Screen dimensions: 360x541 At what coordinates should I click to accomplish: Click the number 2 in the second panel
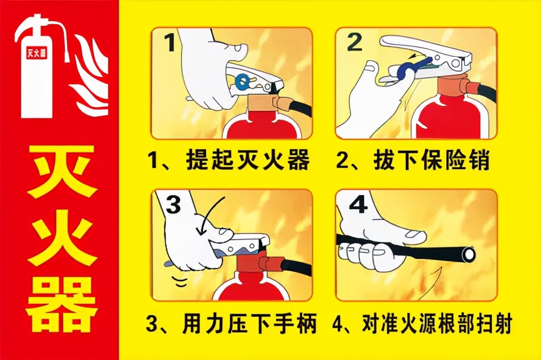[354, 42]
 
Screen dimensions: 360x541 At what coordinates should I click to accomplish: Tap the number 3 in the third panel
[173, 205]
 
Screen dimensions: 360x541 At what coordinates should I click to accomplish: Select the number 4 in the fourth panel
[358, 204]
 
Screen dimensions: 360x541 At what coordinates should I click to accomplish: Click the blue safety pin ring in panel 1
[242, 82]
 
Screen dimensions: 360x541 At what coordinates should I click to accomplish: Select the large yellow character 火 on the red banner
[60, 238]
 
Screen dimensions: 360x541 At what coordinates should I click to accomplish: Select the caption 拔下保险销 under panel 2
[431, 160]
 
